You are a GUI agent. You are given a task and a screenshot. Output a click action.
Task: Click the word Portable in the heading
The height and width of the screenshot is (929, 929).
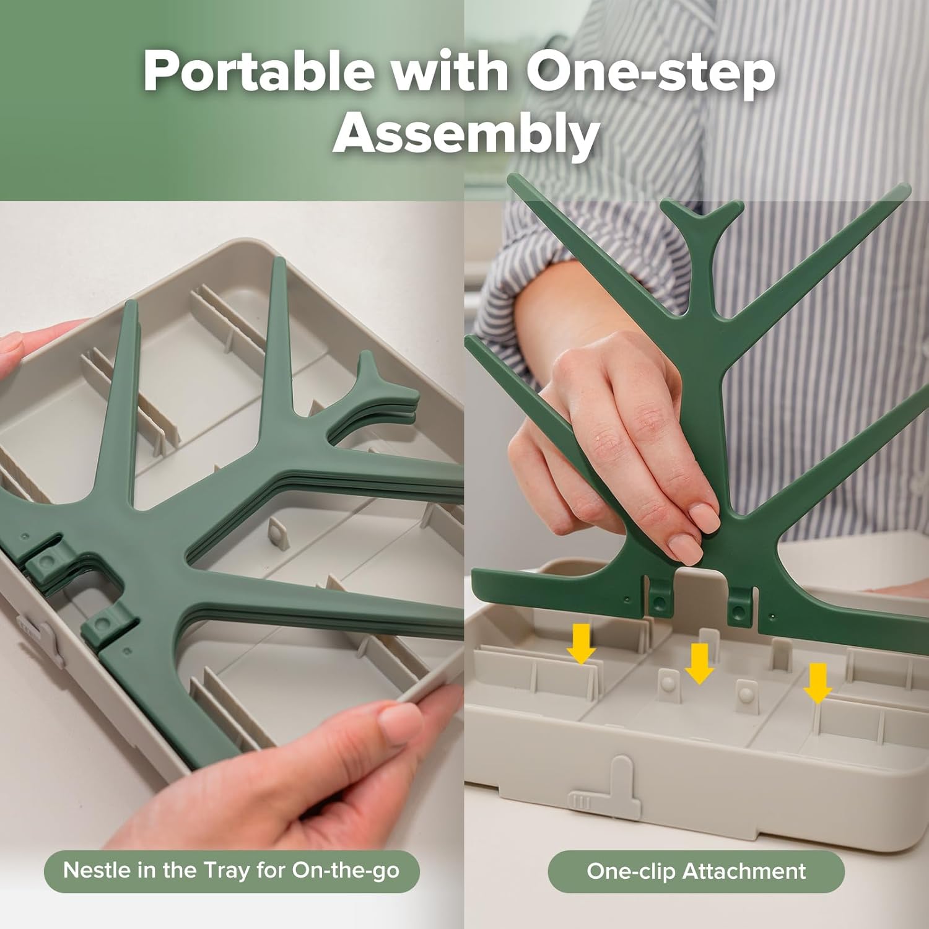tap(259, 71)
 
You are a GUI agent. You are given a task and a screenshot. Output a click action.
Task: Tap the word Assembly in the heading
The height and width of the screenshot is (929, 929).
tap(466, 134)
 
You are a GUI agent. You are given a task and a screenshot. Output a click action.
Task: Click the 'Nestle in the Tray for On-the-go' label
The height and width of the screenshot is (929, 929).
tap(232, 871)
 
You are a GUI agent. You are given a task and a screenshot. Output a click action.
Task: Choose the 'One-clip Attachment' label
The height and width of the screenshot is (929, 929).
tap(696, 871)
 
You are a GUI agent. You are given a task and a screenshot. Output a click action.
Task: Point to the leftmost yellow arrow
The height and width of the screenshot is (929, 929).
tap(581, 643)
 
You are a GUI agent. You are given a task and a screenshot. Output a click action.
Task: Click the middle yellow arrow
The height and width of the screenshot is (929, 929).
tap(699, 663)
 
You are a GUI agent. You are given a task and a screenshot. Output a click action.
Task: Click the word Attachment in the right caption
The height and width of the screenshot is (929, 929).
tap(744, 871)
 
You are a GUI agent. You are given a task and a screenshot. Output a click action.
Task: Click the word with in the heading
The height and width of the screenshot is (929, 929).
tap(450, 71)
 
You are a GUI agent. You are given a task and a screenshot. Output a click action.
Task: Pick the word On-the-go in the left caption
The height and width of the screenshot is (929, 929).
tap(346, 870)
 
